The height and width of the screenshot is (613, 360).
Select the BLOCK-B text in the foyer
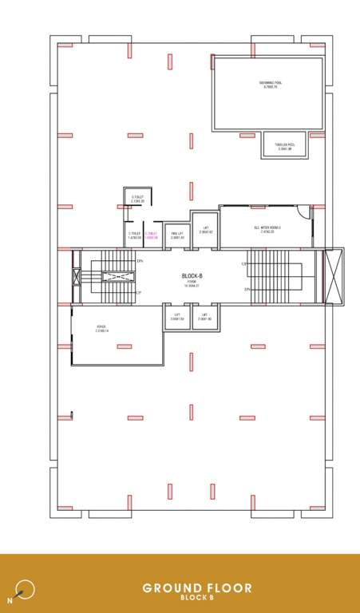[192, 275]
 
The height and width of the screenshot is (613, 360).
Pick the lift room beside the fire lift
[204, 229]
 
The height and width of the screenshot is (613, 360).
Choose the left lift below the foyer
[177, 317]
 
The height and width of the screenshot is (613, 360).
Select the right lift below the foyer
[204, 317]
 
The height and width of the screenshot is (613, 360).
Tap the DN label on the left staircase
[140, 261]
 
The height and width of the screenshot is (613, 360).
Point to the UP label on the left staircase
[138, 293]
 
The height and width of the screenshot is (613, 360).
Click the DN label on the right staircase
[247, 289]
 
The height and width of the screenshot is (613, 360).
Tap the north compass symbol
[26, 589]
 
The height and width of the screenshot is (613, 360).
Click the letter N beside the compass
[10, 598]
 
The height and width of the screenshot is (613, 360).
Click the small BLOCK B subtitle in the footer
[196, 598]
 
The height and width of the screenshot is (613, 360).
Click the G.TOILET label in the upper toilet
[136, 199]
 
